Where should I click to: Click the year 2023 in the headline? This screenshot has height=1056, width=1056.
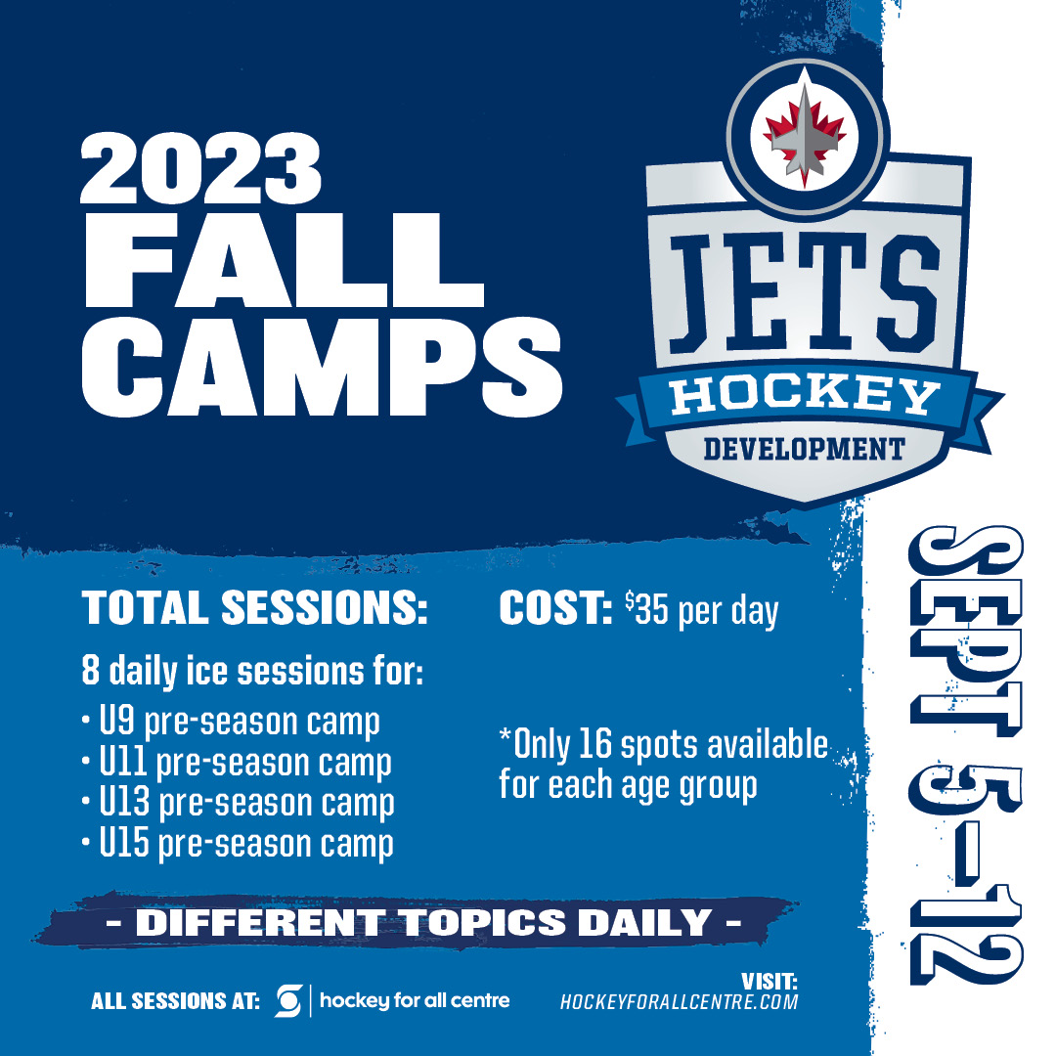pyautogui.click(x=200, y=168)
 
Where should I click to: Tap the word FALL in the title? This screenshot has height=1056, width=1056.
pyautogui.click(x=285, y=261)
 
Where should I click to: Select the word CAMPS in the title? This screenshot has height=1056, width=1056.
pyautogui.click(x=322, y=367)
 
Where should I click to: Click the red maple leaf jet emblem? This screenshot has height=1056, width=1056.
pyautogui.click(x=804, y=137)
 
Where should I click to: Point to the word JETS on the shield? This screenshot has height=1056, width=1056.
pyautogui.click(x=804, y=293)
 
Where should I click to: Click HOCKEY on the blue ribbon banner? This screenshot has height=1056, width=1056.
pyautogui.click(x=804, y=396)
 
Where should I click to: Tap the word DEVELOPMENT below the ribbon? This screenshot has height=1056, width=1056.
pyautogui.click(x=804, y=449)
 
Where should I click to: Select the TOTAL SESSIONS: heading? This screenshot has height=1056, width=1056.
pyautogui.click(x=254, y=607)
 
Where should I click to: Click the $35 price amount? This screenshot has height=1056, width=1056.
pyautogui.click(x=646, y=609)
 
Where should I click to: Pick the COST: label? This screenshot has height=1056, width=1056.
pyautogui.click(x=555, y=607)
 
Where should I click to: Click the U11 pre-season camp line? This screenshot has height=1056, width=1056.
pyautogui.click(x=237, y=764)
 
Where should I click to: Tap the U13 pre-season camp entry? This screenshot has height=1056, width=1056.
pyautogui.click(x=238, y=804)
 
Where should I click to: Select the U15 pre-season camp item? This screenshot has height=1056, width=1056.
pyautogui.click(x=237, y=845)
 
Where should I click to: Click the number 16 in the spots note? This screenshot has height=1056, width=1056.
pyautogui.click(x=594, y=743)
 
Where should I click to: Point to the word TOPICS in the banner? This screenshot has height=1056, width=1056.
pyautogui.click(x=484, y=922)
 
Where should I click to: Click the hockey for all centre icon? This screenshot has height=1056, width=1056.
pyautogui.click(x=288, y=1001)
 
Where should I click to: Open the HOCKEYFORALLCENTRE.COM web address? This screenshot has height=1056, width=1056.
pyautogui.click(x=679, y=1001)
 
